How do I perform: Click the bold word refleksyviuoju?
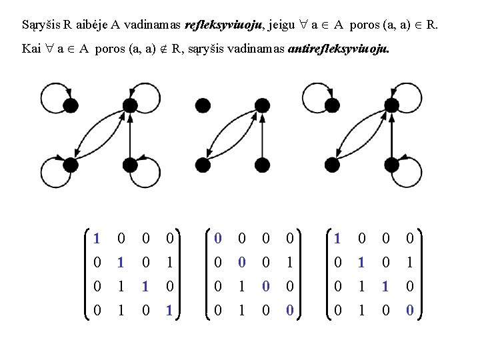coord(223,25)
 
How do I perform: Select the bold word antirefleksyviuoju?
coord(339,49)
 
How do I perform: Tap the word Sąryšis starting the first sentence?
coord(41,25)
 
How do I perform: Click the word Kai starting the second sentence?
coord(31,49)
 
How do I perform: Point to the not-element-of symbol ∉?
coord(164,49)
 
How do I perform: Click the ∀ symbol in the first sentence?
coord(303,25)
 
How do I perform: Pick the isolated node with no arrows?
coord(203,105)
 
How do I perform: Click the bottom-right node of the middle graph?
coord(262,165)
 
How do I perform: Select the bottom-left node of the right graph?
coord(332,165)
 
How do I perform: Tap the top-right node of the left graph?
coord(130,105)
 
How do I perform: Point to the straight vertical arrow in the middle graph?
coord(262,135)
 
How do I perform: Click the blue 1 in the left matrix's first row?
coord(97,238)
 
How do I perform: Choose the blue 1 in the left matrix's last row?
coord(169,311)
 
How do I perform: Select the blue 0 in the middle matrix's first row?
coord(217,238)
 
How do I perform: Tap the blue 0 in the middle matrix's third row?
coord(266,286)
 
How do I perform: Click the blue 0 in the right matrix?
coord(409,311)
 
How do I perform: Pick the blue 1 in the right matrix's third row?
coord(385,286)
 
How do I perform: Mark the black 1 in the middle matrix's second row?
coord(289,263)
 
